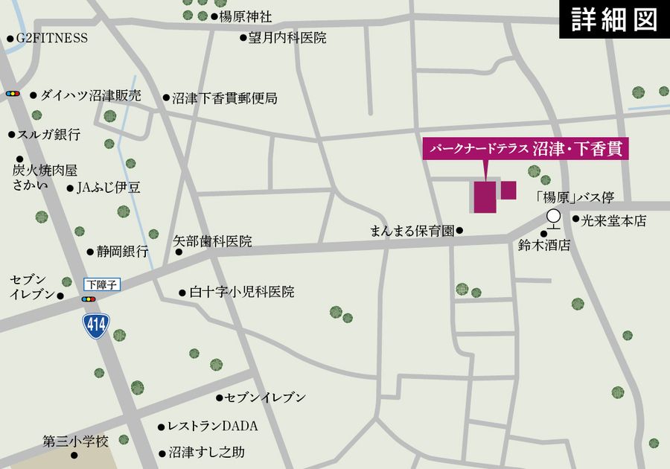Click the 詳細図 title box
pyautogui.click(x=614, y=19)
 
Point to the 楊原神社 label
pyautogui.click(x=245, y=16)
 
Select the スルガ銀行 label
pyautogui.click(x=48, y=135)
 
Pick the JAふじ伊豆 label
pyautogui.click(x=108, y=188)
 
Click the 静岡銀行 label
pyautogui.click(x=121, y=252)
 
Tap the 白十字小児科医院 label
pyautogui.click(x=241, y=293)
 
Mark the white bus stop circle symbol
pyautogui.click(x=553, y=217)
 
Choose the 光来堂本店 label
pyautogui.click(x=614, y=221)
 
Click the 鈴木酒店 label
pyautogui.click(x=544, y=244)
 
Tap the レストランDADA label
pyautogui.click(x=212, y=427)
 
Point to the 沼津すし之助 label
pyautogui.click(x=206, y=452)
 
